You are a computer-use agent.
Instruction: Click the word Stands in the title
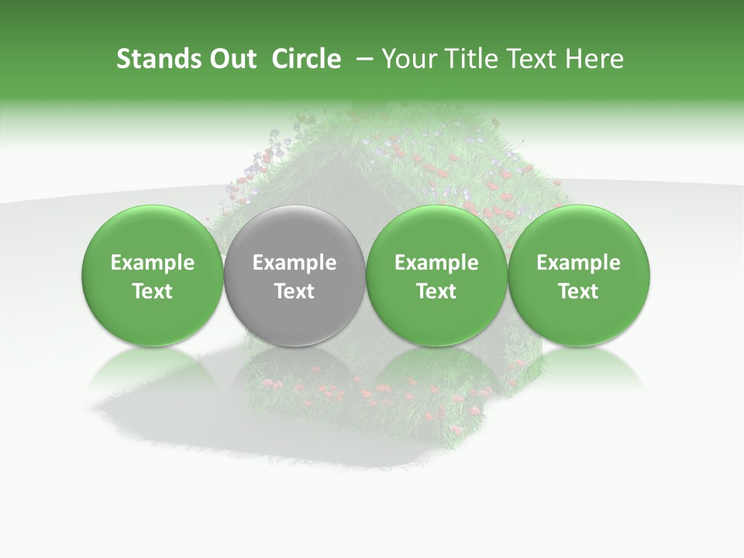click(152, 59)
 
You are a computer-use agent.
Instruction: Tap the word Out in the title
click(230, 59)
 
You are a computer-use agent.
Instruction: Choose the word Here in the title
click(596, 59)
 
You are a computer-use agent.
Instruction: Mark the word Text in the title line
click(532, 59)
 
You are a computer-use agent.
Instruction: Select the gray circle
click(294, 275)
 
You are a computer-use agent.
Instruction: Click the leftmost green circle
click(153, 275)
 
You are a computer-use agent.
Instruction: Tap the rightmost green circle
click(578, 275)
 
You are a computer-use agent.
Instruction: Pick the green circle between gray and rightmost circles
click(436, 275)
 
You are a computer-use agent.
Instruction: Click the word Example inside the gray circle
click(294, 263)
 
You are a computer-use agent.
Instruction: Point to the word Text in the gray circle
click(294, 291)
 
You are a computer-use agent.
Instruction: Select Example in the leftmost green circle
click(153, 263)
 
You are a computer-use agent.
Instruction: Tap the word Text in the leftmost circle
click(153, 291)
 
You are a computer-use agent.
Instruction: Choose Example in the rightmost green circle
click(578, 263)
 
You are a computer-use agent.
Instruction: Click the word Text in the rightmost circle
click(578, 291)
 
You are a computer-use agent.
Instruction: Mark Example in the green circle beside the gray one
click(436, 263)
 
